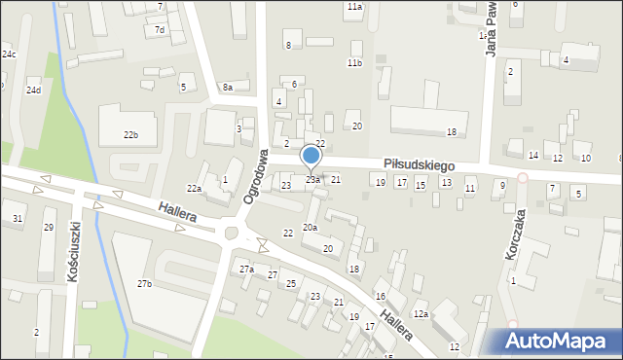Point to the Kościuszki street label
pos(74,251)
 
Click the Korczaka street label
pos(513,234)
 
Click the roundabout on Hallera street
pos(232,233)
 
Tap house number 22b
pos(130,134)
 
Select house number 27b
pos(144,283)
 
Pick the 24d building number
pos(33,90)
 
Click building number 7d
pos(160,30)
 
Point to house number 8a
pos(227,88)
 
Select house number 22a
pos(194,188)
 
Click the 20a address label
pos(310,227)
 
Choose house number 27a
pos(246,269)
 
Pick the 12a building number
pos(421,313)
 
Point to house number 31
pos(18,218)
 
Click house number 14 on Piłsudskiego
pos(533,156)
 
